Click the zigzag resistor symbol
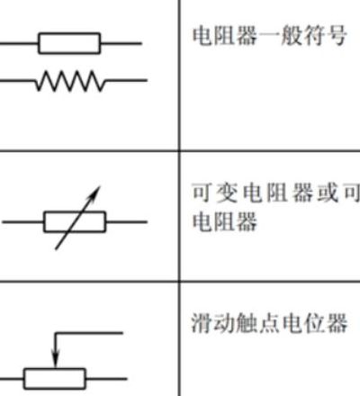70,81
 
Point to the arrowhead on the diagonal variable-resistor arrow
94,193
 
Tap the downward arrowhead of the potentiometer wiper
55,360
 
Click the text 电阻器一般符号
269,36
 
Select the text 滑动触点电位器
269,323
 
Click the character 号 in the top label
337,36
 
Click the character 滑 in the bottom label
202,323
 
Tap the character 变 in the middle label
227,193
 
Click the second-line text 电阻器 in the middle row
225,221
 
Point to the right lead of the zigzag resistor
126,80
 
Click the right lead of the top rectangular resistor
121,43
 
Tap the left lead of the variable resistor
22,222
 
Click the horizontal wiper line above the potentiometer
89,332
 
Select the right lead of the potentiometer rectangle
106,379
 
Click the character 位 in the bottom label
314,323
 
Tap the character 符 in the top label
314,36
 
